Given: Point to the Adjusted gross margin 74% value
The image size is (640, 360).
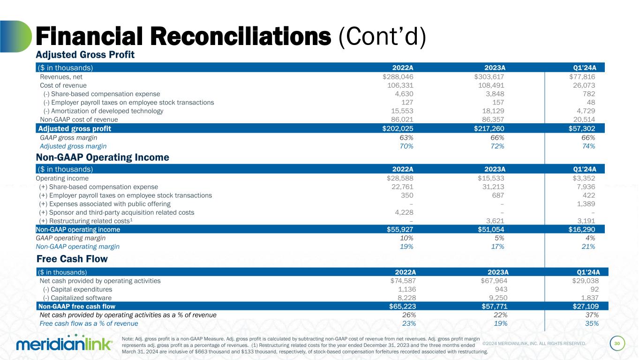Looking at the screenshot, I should click(587, 146).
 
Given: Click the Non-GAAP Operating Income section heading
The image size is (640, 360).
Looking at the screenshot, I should click(102, 157).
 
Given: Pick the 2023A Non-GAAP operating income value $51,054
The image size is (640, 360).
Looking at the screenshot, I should click(489, 230).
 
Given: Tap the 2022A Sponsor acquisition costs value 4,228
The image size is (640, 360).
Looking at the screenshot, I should click(403, 212).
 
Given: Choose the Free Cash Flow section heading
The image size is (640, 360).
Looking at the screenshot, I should click(72, 259).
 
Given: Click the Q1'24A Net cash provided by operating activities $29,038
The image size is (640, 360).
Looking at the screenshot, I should click(582, 281).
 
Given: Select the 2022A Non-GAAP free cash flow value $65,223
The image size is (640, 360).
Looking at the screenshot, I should click(402, 307).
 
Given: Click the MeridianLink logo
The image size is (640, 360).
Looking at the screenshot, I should click(64, 345).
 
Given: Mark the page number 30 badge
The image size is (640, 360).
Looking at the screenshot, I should click(617, 344).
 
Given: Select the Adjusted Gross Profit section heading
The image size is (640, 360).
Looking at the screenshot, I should click(85, 55).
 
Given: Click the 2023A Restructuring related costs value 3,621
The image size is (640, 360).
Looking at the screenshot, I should click(496, 221).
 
